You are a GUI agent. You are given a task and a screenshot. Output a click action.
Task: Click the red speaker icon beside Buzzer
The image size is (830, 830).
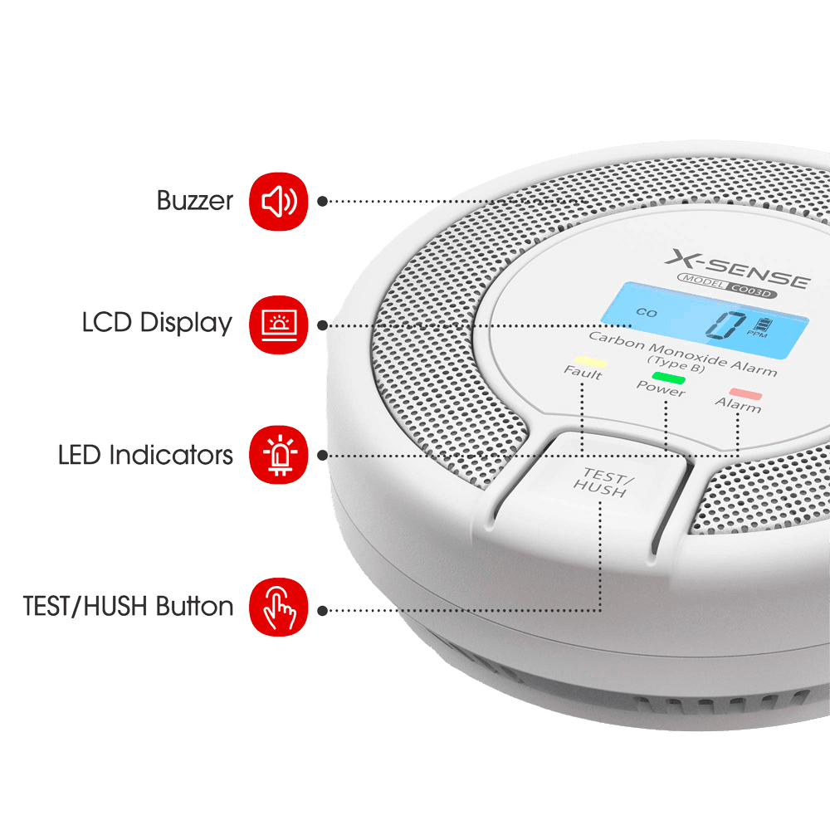click(278, 201)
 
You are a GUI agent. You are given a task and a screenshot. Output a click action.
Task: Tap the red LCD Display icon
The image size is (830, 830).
click(278, 325)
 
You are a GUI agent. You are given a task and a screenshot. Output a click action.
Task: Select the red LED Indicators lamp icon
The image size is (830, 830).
click(278, 455)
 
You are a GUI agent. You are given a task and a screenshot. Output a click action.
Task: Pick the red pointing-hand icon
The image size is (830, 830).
click(278, 607)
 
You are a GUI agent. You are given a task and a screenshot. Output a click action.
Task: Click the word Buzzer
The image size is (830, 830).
click(195, 201)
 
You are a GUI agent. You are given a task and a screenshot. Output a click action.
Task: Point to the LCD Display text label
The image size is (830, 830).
click(157, 323)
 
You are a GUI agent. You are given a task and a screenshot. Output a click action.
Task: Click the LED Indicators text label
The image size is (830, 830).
click(145, 455)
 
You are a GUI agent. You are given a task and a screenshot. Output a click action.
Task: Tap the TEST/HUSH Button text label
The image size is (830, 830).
click(128, 606)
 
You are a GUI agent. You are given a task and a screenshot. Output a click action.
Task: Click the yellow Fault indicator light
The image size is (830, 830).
click(591, 362)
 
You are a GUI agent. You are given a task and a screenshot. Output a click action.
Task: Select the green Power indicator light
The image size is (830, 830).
click(669, 378)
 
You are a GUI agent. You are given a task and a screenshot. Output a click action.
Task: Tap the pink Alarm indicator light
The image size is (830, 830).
click(746, 393)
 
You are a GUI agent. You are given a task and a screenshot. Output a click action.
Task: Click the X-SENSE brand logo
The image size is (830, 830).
click(737, 269)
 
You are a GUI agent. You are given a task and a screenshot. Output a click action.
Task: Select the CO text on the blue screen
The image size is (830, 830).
click(647, 312)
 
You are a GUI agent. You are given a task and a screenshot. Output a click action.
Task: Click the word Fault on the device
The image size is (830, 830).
click(583, 372)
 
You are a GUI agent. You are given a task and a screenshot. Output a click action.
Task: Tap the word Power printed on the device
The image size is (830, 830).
click(661, 388)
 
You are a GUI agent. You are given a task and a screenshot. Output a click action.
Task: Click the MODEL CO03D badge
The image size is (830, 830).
click(727, 286)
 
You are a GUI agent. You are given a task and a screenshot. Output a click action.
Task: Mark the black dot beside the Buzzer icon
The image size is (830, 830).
click(322, 201)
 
